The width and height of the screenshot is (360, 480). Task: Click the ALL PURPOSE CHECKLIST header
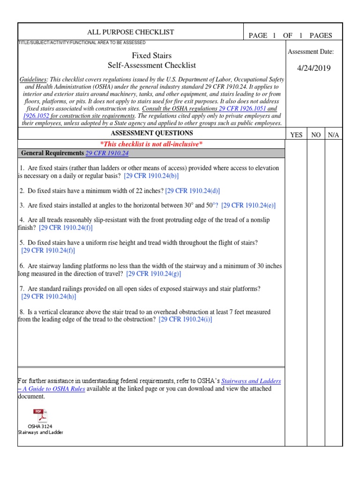131,32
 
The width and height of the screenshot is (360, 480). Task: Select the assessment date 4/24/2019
314,68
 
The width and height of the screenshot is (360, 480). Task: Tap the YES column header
296,135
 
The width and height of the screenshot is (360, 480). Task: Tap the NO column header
316,135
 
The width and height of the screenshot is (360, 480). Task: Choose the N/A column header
333,135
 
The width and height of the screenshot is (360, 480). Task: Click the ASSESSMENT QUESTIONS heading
151,133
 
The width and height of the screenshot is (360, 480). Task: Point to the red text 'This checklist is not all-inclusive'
151,144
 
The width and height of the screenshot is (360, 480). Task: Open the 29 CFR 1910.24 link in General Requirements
107,153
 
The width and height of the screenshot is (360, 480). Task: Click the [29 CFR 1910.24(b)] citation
151,176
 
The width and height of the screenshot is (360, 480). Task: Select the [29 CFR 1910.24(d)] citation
192,191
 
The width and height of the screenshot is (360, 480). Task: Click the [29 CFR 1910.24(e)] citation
248,205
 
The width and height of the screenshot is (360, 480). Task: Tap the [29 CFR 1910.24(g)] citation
153,274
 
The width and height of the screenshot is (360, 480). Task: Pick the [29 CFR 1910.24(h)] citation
49,296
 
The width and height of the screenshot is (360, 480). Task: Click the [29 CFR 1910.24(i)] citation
185,319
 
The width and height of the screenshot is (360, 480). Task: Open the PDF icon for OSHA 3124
40,416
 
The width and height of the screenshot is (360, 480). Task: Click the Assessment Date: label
310,52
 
